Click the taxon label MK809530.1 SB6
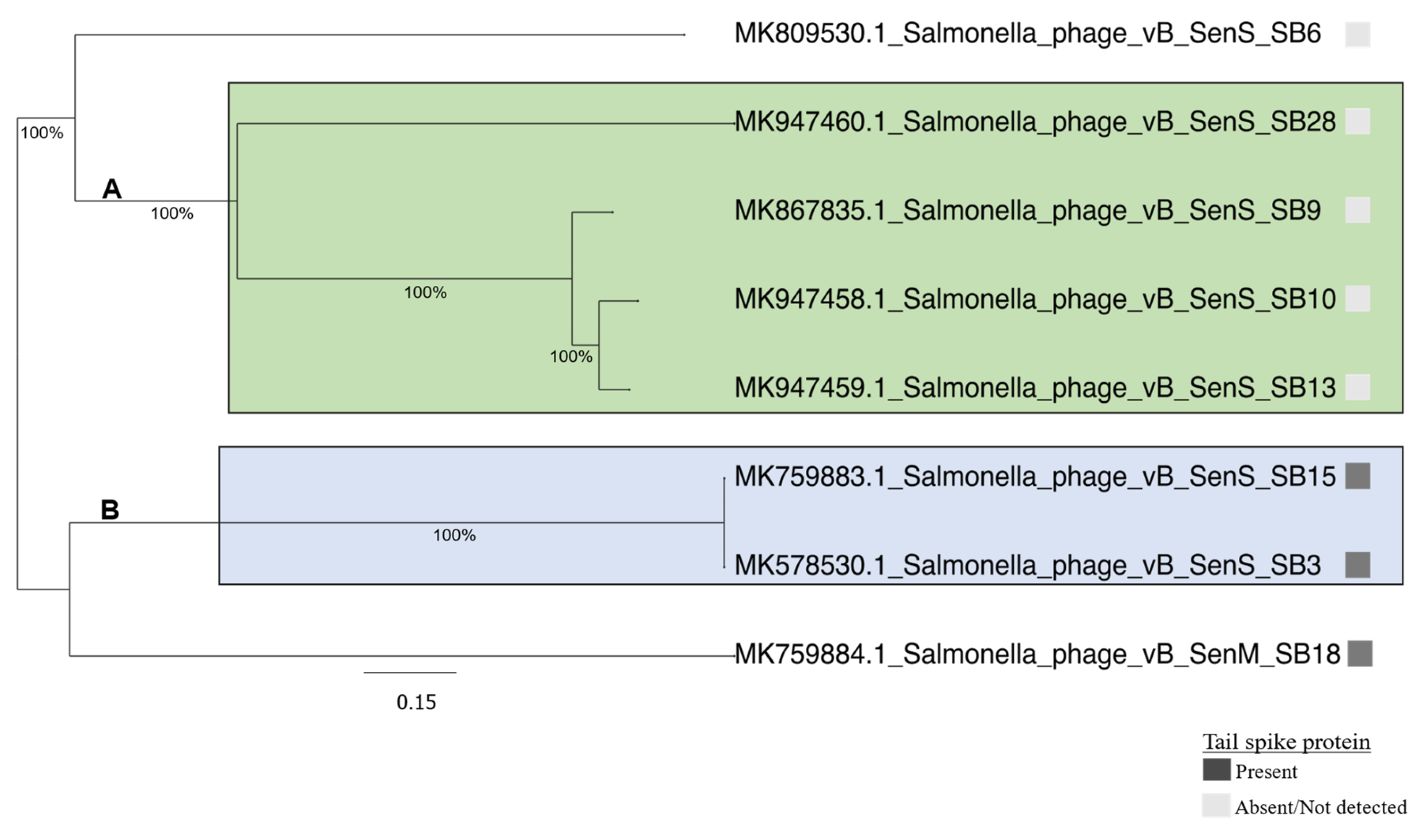point(1027,34)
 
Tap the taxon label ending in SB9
point(1027,211)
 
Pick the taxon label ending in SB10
point(1035,299)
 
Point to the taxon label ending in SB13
point(1035,388)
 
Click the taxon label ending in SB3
point(1027,565)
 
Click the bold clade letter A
point(111,189)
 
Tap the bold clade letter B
point(110,510)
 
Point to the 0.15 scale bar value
point(416,703)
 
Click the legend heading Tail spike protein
point(1286,742)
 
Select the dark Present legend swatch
point(1216,770)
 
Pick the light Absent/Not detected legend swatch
point(1216,806)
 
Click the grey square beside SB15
point(1357,476)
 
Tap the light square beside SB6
point(1357,34)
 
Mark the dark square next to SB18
point(1360,653)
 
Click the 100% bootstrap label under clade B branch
point(454,535)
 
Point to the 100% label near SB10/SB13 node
point(571,357)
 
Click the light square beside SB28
point(1357,121)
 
